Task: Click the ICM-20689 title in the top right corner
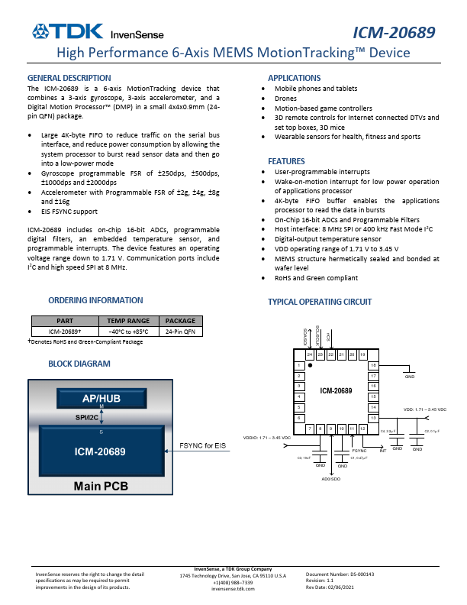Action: [x=394, y=32]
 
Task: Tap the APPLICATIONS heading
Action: [x=294, y=78]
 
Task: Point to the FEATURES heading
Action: [x=286, y=161]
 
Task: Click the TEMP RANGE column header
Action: [x=128, y=322]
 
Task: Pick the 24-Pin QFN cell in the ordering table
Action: [x=181, y=332]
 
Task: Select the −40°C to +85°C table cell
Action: [x=128, y=332]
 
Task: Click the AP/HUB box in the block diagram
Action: [x=102, y=399]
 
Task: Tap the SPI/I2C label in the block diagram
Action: [x=86, y=417]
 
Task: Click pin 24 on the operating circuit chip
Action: [x=310, y=355]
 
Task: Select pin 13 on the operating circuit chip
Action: [x=373, y=418]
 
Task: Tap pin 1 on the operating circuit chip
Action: [x=300, y=367]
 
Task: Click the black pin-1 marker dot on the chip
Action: [x=310, y=366]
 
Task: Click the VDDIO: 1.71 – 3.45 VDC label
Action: [x=266, y=438]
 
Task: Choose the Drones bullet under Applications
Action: [x=285, y=99]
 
